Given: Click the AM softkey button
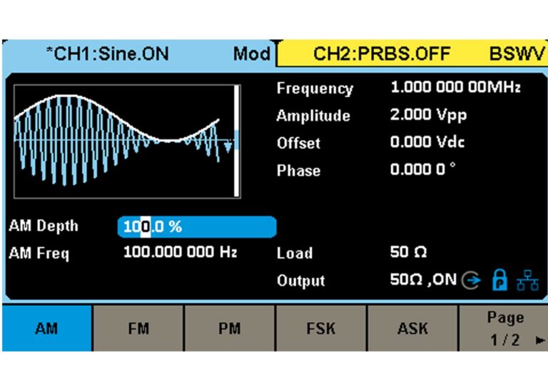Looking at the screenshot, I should click(47, 328).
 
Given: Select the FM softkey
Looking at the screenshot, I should click(138, 328).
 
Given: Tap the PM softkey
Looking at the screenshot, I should click(229, 328).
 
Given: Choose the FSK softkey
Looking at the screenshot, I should click(321, 328).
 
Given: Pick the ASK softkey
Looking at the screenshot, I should click(412, 328).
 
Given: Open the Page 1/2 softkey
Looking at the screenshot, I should click(504, 328).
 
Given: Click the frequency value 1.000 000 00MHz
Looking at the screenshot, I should click(455, 88).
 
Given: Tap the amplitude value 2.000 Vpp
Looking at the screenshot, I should click(428, 115).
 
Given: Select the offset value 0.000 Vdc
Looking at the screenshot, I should click(427, 142).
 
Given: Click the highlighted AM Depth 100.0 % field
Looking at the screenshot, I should click(196, 227).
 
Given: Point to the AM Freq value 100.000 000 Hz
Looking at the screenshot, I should click(180, 252).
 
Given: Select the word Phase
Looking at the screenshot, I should click(298, 171).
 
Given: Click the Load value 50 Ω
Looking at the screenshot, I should click(408, 252).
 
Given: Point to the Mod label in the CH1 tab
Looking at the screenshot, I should click(251, 54).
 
